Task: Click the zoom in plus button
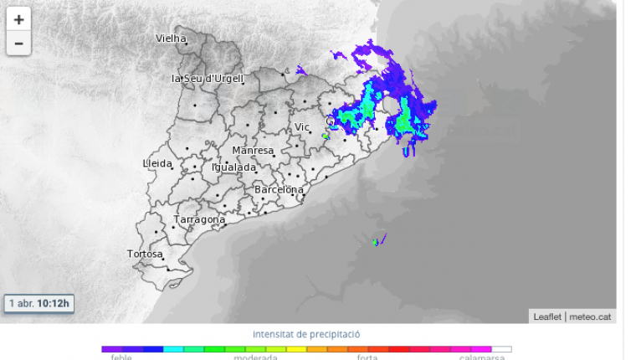point(18,19)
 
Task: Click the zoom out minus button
point(18,44)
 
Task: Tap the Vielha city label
point(171,38)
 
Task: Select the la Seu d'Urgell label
point(207,79)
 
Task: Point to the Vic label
point(302,127)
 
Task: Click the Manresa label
point(253,151)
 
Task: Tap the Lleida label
point(157,163)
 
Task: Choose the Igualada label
point(233,167)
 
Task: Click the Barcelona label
point(279,190)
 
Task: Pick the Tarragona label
point(199,220)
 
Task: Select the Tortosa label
point(145,254)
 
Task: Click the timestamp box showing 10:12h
point(39,303)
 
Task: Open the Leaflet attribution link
point(547,316)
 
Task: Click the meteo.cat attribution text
point(591,316)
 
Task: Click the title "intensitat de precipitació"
point(306,334)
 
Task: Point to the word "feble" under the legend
point(121,357)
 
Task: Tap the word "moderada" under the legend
point(255,357)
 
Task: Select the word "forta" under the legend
point(367,357)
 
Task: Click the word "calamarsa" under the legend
point(482,357)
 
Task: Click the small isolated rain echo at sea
point(377,241)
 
